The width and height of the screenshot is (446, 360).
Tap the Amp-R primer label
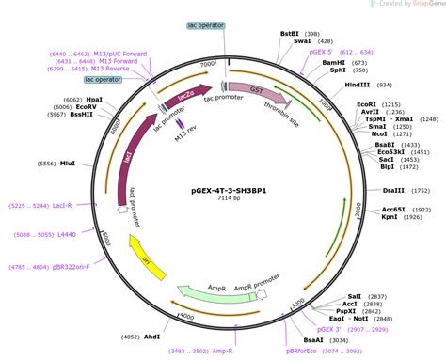point(222,351)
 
